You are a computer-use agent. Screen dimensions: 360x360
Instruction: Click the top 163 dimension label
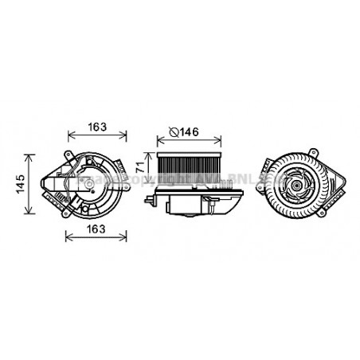[95, 127]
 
